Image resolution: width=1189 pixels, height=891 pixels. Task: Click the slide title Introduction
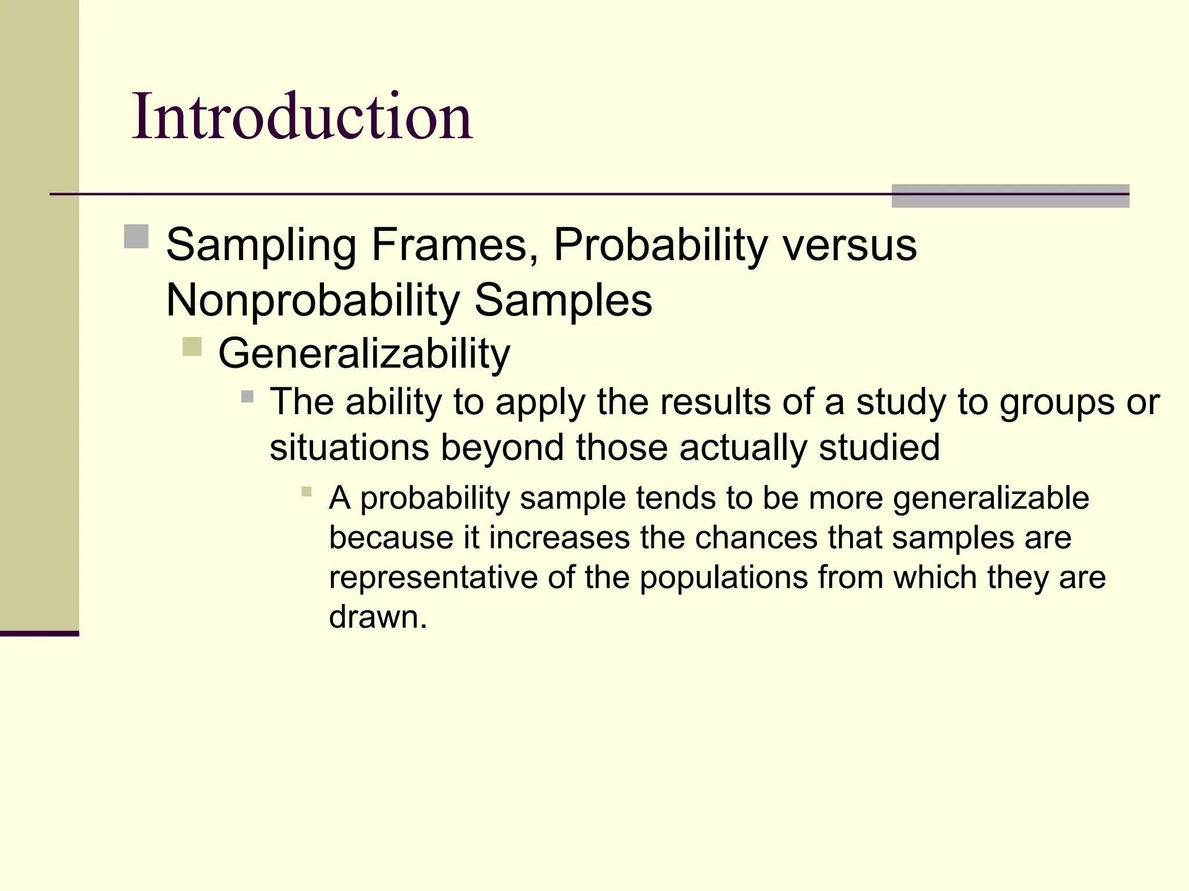pos(302,117)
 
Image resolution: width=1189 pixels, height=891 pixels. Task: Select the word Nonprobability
pos(312,300)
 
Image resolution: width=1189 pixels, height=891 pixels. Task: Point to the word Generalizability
pos(364,353)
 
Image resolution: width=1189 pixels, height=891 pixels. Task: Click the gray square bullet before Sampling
pos(136,236)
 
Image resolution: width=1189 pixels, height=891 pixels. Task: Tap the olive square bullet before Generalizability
pos(192,346)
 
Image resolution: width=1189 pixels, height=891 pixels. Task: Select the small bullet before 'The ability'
pos(247,397)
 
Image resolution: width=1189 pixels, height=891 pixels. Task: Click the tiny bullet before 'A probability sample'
pos(307,492)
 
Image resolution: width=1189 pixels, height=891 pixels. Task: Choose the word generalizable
pos(990,498)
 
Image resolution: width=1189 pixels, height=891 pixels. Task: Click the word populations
pos(723,578)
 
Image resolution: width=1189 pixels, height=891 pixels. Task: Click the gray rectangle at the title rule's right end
pos(1010,195)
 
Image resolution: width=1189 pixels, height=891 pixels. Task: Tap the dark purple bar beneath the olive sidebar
pos(39,633)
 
